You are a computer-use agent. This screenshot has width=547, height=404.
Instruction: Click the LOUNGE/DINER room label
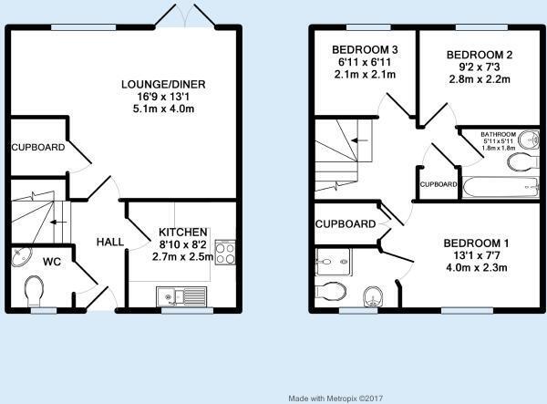163,85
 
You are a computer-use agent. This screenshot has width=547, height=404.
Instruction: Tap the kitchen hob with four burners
225,253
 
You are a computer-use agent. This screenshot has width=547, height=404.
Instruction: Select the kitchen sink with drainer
181,297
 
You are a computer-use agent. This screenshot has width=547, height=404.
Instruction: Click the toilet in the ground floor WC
35,291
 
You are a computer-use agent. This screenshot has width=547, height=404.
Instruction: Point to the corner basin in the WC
21,256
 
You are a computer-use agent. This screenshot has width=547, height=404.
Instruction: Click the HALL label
110,242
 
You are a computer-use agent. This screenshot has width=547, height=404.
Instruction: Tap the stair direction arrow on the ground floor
58,223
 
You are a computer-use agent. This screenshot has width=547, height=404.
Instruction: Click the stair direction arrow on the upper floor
360,140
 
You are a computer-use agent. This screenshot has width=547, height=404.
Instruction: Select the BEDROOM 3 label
365,50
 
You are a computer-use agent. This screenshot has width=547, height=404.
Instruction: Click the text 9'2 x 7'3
480,67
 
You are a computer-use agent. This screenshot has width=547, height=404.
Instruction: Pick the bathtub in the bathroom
501,187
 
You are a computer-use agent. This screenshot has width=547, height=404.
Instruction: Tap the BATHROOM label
498,134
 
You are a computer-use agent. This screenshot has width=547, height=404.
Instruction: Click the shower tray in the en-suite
333,262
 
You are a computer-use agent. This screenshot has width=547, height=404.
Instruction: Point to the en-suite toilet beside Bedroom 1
330,292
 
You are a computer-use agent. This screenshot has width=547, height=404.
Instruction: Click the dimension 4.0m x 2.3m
476,267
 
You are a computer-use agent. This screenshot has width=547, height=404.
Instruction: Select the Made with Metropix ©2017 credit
335,398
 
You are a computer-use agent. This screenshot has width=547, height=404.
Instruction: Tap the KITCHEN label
183,232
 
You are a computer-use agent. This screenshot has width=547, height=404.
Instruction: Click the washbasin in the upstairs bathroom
529,140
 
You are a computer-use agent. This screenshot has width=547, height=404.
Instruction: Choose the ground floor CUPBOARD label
38,147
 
